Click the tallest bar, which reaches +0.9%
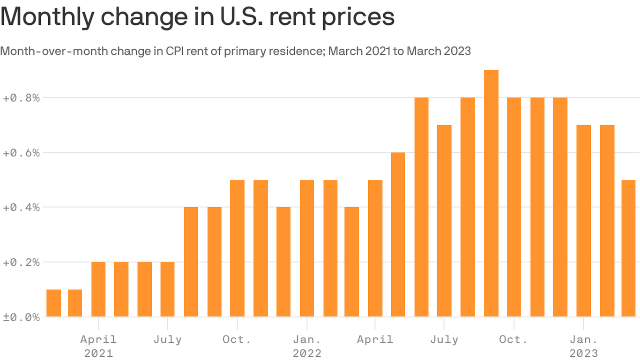point(491,193)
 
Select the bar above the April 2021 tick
point(98,289)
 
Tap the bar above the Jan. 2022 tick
point(307,248)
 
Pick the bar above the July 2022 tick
point(444,221)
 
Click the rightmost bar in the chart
point(628,248)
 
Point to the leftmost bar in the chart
point(53,303)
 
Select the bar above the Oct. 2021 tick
point(237,248)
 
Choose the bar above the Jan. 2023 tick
point(583,221)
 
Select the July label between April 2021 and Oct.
point(167,339)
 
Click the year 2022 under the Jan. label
point(307,353)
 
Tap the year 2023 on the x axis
point(583,353)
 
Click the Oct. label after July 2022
point(513,339)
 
